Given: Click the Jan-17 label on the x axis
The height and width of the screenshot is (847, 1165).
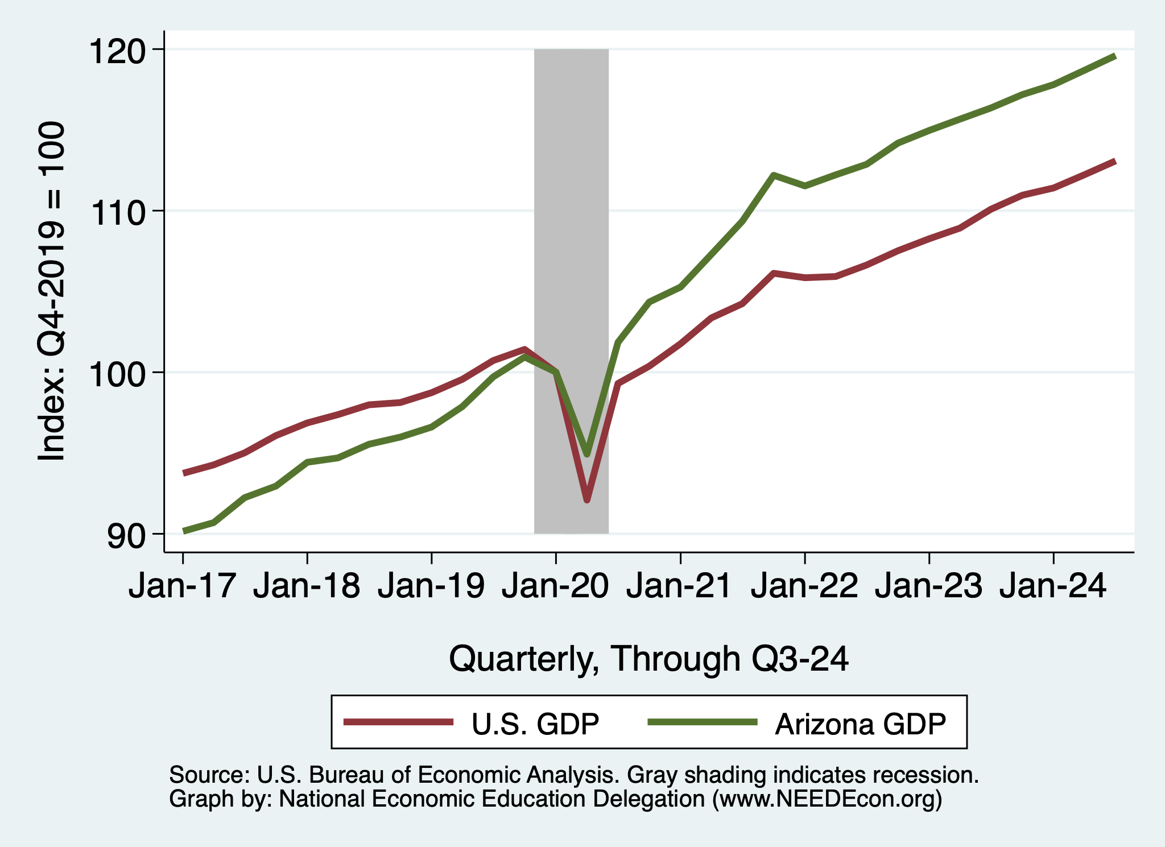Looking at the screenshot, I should coord(182,586).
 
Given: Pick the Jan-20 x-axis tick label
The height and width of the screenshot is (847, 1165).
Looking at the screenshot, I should coord(555,586).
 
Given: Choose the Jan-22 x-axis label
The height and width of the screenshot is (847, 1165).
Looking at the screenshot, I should coord(804,586).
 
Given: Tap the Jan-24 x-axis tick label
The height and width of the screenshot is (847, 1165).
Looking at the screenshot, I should coord(1053,586).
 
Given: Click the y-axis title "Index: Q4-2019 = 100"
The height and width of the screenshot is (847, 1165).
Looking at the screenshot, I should coord(51,291).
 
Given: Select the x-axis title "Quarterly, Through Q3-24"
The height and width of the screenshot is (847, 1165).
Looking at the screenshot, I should coord(648,659).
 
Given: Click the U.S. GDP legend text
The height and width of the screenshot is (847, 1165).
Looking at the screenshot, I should coord(535,724).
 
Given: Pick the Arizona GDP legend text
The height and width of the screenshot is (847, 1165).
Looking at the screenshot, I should coord(860,724).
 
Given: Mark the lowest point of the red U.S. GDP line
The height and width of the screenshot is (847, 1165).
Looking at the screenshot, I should coord(587,500).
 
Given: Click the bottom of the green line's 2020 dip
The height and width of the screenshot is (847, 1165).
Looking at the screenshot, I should coord(587,454).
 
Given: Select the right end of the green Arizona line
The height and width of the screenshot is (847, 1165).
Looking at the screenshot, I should coord(1114,56).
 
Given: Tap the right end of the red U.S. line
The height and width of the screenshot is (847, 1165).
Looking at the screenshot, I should coord(1114,162).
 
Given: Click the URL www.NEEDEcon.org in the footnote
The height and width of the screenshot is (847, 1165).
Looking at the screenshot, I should coord(828,799).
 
